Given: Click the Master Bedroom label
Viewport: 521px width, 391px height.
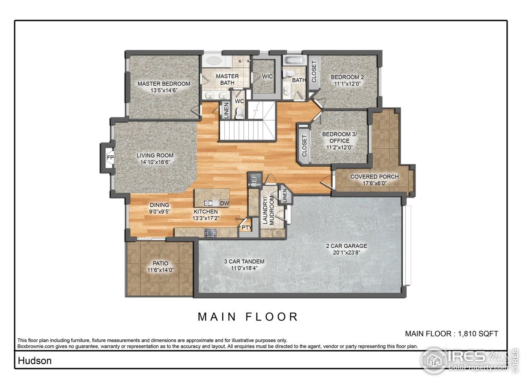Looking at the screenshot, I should click(164, 84).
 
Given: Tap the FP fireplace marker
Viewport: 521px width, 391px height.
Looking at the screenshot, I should click(109, 158).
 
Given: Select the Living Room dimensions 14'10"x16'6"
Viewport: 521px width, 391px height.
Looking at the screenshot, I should click(155, 162).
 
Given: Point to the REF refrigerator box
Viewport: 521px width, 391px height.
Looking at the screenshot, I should click(254, 180).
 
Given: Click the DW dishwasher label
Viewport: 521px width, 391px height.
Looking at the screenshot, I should click(224, 203).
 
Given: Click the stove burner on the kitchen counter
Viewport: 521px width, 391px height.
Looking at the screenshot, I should click(210, 233).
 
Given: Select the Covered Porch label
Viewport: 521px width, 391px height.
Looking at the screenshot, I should click(374, 177).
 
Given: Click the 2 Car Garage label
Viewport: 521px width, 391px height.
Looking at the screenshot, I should click(346, 246).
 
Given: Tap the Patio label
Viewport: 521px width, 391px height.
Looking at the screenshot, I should click(160, 264).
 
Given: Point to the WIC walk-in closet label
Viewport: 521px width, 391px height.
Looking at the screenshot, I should click(267, 77).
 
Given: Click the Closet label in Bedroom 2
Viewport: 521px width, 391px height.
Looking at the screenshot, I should click(314, 72).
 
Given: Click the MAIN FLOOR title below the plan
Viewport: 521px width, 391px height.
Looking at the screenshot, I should click(248, 317).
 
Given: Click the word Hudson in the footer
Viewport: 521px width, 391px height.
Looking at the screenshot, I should click(34, 360).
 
